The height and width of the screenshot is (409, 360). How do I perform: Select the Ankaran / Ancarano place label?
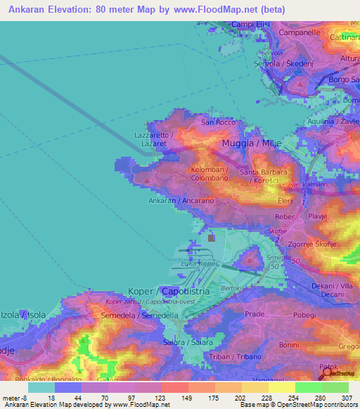click(x=181, y=200)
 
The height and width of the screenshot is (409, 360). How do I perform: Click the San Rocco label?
click(x=218, y=122)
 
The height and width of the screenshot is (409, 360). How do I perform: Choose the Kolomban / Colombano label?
click(x=208, y=174)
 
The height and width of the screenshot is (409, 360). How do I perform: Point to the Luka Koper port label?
click(x=196, y=264)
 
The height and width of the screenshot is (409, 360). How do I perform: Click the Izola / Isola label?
click(x=25, y=314)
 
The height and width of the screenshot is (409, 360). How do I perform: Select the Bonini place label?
click(x=288, y=344)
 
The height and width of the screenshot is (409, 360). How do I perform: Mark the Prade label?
click(x=254, y=314)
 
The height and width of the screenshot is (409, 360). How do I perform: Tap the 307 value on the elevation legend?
click(x=347, y=398)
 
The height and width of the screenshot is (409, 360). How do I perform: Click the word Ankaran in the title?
click(x=30, y=10)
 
